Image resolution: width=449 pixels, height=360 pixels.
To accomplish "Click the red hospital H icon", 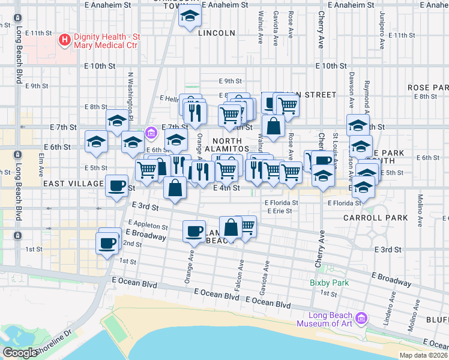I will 64,40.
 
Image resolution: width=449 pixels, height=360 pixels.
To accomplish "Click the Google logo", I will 19,352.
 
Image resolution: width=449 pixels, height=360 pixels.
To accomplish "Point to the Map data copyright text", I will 424,355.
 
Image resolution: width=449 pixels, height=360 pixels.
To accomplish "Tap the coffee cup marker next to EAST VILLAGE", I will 117,185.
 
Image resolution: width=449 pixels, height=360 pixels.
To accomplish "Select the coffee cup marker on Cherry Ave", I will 322,161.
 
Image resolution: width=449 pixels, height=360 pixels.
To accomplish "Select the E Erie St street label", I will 283,211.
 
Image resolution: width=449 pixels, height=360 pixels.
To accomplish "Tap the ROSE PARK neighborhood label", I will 427,88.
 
